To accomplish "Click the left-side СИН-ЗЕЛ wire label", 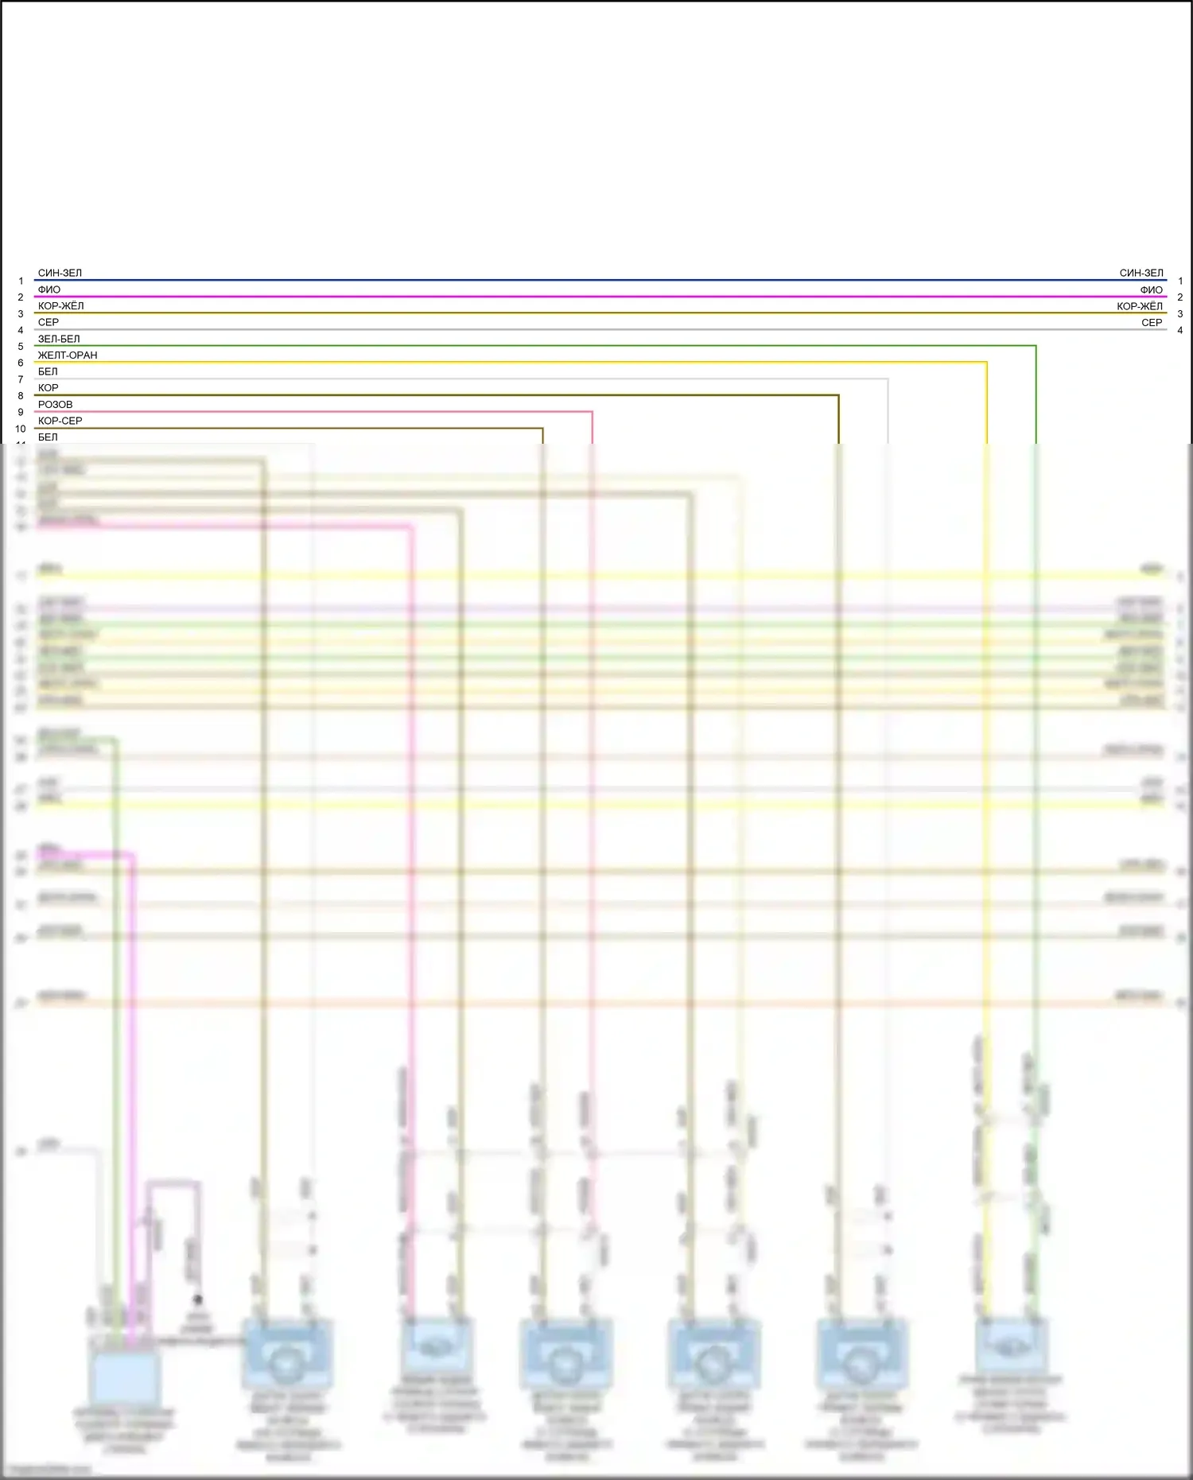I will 60,273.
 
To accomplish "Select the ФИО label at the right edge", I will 1151,289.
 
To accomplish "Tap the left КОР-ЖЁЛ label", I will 60,306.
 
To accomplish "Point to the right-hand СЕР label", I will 1152,322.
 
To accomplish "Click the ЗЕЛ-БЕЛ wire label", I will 59,339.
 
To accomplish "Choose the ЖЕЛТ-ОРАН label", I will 68,355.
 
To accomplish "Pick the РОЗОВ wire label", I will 55,405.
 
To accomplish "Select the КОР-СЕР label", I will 60,421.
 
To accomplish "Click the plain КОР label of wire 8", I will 48,388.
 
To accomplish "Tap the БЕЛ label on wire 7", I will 48,371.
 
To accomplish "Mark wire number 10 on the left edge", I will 21,429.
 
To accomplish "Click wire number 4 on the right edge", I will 1180,330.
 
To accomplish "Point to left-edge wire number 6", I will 21,363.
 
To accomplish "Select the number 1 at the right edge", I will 1180,281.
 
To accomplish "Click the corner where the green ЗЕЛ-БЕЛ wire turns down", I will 1036,346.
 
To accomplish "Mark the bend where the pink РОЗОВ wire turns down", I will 593,412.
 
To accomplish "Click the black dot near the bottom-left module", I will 197,1299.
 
